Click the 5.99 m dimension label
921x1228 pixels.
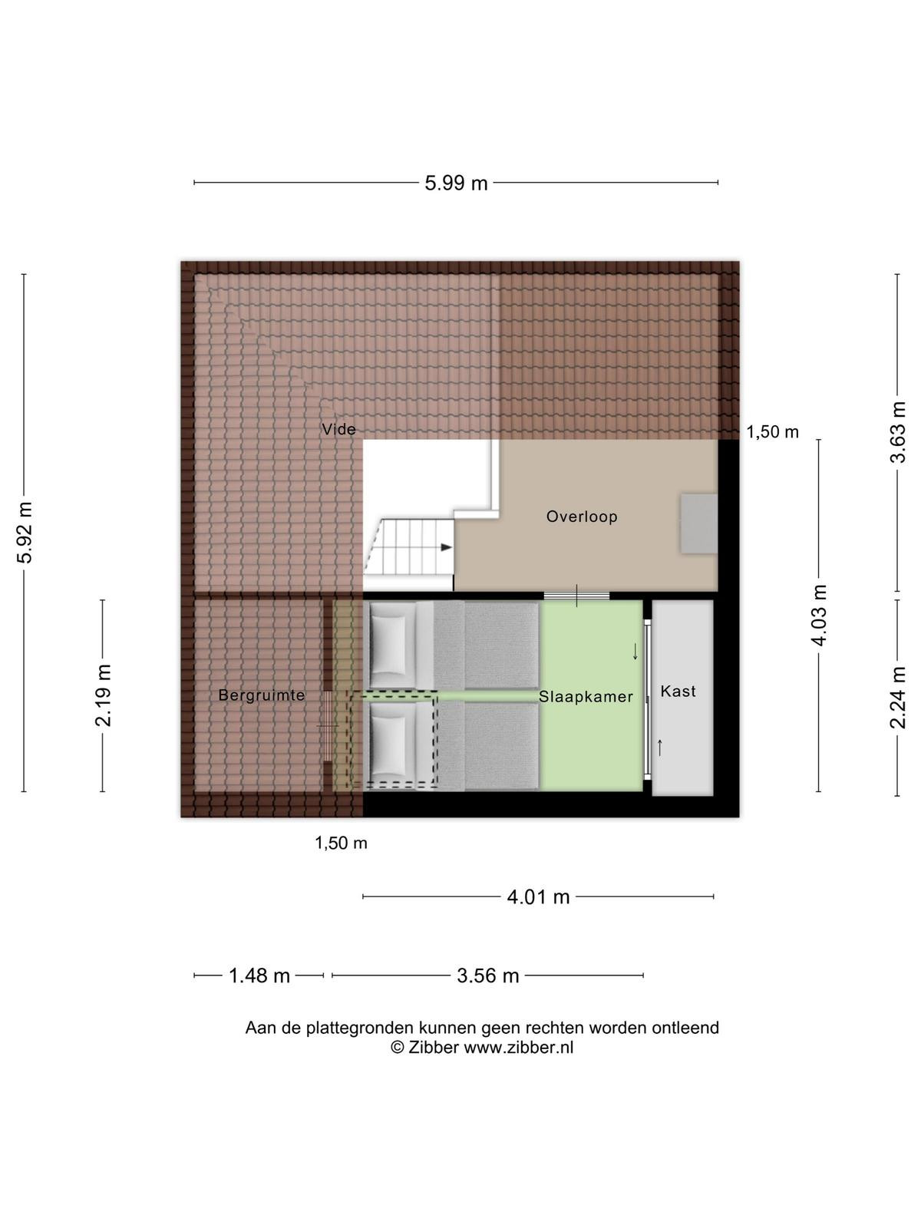click(456, 183)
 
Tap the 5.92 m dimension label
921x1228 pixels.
click(26, 532)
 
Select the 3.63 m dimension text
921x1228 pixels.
click(897, 432)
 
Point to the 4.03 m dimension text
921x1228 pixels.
click(819, 616)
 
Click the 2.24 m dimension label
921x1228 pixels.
click(897, 697)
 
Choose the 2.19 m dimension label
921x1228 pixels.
click(104, 695)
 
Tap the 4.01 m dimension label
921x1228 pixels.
click(538, 897)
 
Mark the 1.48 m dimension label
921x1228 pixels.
click(259, 976)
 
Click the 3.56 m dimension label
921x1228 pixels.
click(487, 976)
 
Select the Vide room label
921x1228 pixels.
click(339, 429)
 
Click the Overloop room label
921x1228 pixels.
click(582, 517)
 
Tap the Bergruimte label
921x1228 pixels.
click(262, 695)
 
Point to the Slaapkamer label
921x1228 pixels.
click(586, 697)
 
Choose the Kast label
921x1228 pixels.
click(678, 692)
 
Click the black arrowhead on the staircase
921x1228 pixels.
click(446, 547)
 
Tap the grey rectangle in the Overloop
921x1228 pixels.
click(698, 523)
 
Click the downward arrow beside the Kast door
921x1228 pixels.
click(635, 651)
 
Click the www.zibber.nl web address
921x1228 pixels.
click(518, 1047)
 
